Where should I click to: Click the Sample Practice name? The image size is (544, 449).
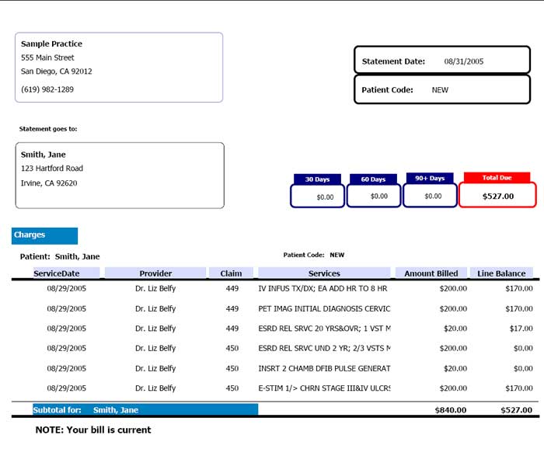[x=51, y=44]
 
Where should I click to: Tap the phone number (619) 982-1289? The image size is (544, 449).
[x=47, y=89]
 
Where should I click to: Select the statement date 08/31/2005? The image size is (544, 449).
[x=464, y=61]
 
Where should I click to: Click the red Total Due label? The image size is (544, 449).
[x=497, y=178]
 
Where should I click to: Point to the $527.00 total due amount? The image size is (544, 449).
[x=497, y=196]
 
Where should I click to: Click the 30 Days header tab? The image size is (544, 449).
[x=317, y=179]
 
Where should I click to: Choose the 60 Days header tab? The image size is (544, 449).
[x=373, y=179]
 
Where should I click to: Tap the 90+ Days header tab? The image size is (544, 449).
[x=430, y=179]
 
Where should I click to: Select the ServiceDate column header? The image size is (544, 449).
[x=56, y=273]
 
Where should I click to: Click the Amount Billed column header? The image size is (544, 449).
[x=431, y=273]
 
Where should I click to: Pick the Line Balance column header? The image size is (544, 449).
[x=501, y=273]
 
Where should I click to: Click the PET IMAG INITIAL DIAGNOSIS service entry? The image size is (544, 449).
[x=324, y=308]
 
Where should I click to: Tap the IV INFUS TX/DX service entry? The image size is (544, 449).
[x=323, y=288]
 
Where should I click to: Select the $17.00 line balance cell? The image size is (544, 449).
[x=521, y=329]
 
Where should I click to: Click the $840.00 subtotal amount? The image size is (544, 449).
[x=451, y=410]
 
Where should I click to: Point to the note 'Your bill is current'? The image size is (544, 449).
[x=93, y=430]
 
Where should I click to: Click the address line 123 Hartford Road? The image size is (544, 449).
[x=52, y=169]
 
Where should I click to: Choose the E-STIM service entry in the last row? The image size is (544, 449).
[x=324, y=388]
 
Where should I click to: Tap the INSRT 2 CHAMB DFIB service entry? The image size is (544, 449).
[x=324, y=368]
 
